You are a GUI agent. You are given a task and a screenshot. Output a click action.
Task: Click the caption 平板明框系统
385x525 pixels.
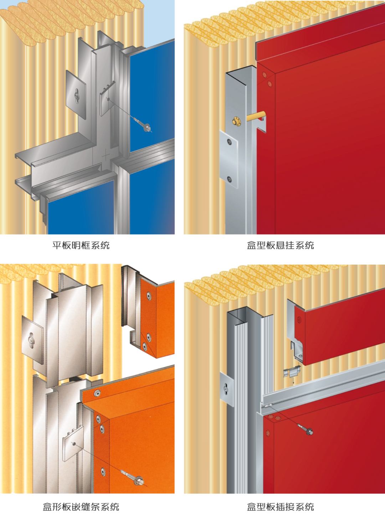81,245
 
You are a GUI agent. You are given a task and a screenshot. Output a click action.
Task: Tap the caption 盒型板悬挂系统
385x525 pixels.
281,245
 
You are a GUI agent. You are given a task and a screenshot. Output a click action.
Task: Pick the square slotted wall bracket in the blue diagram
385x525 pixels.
76,94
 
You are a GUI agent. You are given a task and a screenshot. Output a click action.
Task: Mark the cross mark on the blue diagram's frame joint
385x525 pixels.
106,155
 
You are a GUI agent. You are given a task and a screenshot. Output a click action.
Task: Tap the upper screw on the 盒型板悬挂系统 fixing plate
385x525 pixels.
229,142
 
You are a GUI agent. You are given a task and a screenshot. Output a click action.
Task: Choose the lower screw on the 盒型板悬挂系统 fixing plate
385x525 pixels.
229,180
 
